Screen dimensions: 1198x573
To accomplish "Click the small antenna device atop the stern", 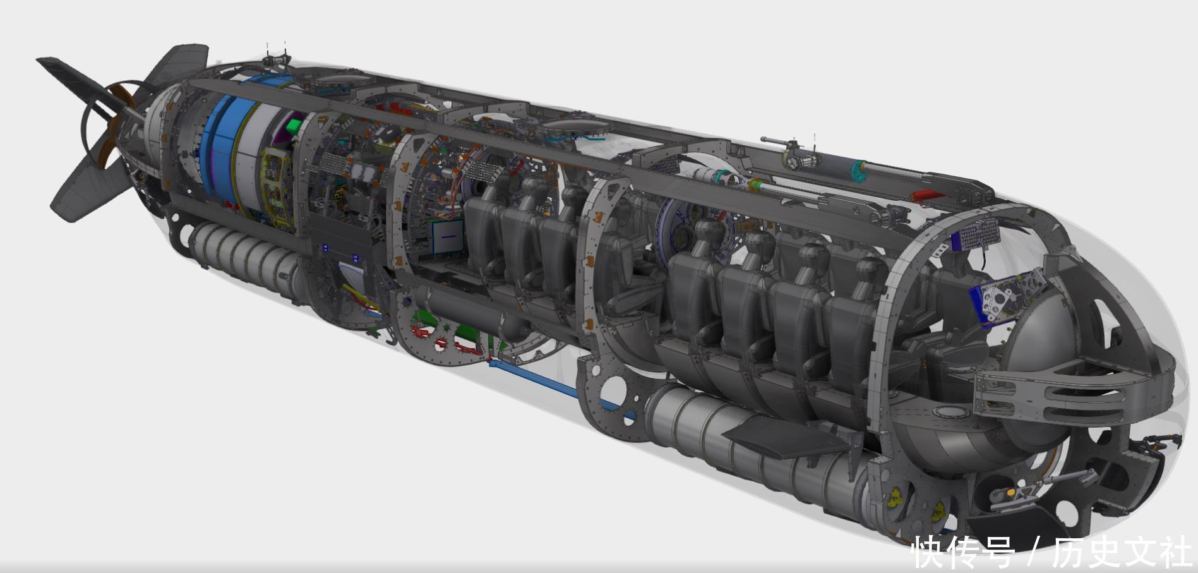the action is (x=275, y=58).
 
